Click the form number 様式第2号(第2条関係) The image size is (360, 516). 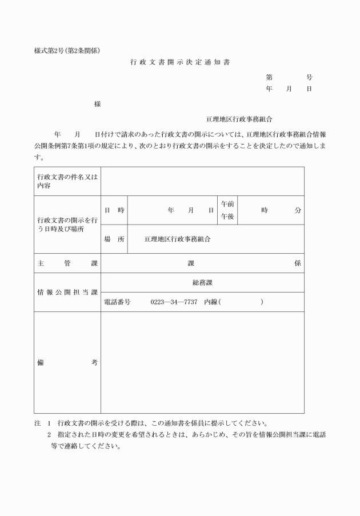point(67,50)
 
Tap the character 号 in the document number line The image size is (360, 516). point(309,77)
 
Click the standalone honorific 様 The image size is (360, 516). point(98,104)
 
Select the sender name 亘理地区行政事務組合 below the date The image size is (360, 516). point(239,119)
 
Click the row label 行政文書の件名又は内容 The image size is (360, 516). point(67,181)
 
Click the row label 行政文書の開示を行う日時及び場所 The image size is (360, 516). point(67,225)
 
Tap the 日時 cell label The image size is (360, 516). point(114,210)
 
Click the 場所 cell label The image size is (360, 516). point(114,239)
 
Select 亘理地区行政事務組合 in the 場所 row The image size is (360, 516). point(177,239)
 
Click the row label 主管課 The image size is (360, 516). point(67,263)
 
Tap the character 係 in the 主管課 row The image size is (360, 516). point(298,263)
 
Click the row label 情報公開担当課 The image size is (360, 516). point(67,292)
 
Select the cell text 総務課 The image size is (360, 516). point(202,282)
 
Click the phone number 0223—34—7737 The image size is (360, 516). point(174,302)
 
